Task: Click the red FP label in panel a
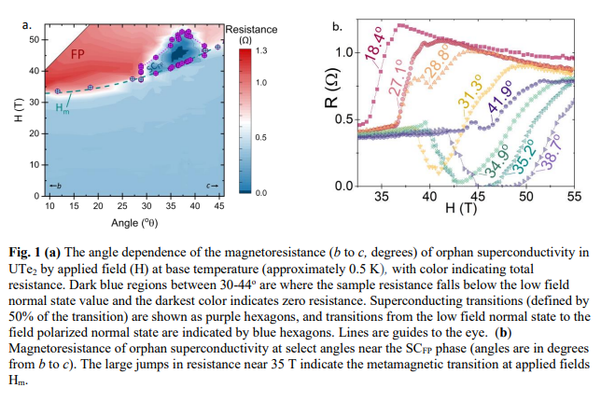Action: click(x=77, y=53)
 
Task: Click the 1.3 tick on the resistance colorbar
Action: click(x=261, y=49)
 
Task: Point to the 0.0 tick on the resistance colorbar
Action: click(x=261, y=193)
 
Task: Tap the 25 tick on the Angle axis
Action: click(x=122, y=206)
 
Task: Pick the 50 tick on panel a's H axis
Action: click(x=31, y=40)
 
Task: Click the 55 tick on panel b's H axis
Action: click(x=574, y=197)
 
